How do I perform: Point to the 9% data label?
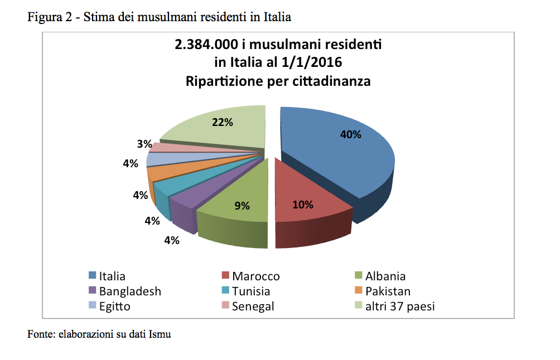(x=242, y=206)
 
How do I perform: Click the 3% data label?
(x=144, y=144)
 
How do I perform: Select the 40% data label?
(x=351, y=134)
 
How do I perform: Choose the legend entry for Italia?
(x=112, y=276)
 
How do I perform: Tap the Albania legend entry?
(x=385, y=276)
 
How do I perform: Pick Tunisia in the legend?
(x=251, y=291)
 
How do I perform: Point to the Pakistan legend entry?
(x=388, y=291)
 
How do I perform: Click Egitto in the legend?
(x=114, y=306)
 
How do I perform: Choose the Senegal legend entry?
(x=253, y=306)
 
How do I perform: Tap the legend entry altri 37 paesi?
(x=399, y=306)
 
